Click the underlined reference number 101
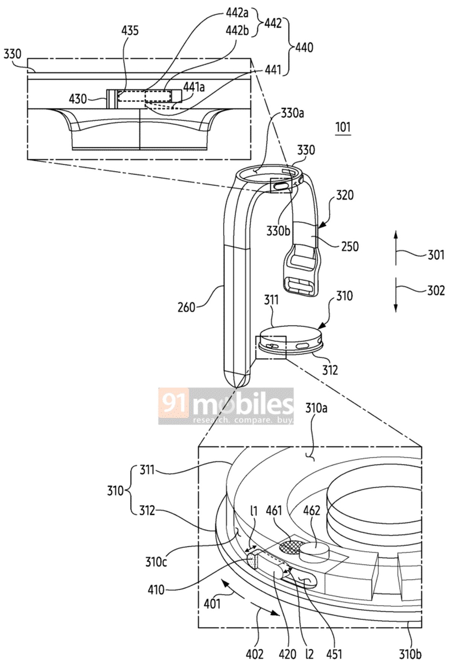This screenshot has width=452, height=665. (x=343, y=127)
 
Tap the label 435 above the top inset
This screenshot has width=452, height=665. (x=130, y=31)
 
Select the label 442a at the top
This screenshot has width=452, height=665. (x=237, y=14)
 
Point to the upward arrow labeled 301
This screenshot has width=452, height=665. (x=396, y=248)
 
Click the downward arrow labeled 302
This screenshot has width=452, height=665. (x=396, y=295)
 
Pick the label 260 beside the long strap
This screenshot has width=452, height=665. (x=186, y=307)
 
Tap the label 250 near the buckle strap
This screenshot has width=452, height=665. (x=350, y=247)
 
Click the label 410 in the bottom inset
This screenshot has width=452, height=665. (x=156, y=589)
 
